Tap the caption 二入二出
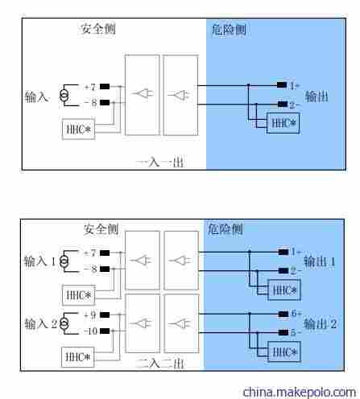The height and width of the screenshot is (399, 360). [160, 363]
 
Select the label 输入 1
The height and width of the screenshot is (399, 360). [40, 261]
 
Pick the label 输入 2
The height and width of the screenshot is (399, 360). [40, 323]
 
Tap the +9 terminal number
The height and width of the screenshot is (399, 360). [89, 315]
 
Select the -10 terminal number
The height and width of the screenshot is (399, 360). [89, 331]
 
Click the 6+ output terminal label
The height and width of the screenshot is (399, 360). [296, 315]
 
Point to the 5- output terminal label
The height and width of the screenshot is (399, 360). [296, 331]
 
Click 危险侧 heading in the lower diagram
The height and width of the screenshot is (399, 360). [226, 229]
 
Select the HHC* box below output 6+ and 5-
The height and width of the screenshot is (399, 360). [283, 352]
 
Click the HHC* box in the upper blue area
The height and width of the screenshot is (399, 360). [283, 122]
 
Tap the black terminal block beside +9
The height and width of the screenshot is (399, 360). [105, 315]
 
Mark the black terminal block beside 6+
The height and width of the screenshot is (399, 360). [283, 315]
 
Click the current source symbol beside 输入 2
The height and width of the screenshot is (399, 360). [64, 323]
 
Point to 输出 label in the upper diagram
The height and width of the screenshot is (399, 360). [317, 97]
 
